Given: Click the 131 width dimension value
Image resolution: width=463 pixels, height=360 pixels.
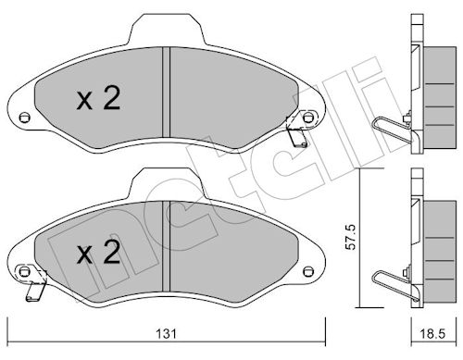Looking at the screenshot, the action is [167, 334].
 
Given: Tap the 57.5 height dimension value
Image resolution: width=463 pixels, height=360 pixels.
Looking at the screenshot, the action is [351, 237].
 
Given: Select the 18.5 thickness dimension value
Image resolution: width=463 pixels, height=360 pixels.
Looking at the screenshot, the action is [432, 334].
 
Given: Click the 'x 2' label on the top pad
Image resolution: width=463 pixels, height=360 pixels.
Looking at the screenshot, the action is [98, 98].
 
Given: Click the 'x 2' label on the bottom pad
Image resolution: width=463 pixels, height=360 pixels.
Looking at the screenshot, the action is [98, 253].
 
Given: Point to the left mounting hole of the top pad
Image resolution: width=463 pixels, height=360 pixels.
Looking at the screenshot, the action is [24, 118].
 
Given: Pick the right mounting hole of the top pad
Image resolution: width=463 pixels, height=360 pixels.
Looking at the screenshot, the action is [307, 118].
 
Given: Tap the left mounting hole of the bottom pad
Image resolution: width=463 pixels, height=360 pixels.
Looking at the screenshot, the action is [24, 272].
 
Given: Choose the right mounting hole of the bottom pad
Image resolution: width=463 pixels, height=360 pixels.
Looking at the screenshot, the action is [307, 272].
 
